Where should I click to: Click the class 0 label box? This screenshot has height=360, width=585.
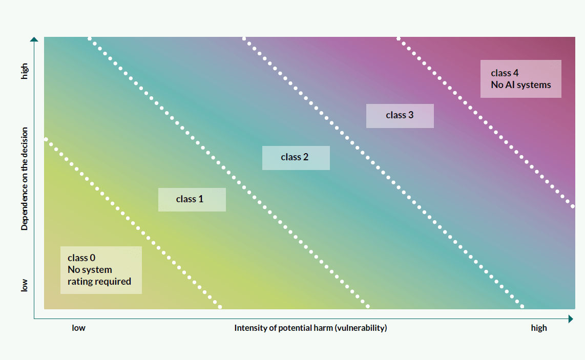click(x=101, y=270)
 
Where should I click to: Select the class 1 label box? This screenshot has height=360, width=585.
click(x=192, y=199)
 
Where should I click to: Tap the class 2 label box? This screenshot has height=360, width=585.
click(x=296, y=158)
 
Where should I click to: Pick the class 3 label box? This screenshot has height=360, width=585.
click(x=400, y=116)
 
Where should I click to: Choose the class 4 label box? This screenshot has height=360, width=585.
click(x=520, y=79)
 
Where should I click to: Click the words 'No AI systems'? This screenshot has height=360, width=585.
click(x=520, y=85)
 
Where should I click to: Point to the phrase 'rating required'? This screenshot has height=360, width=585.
click(x=99, y=282)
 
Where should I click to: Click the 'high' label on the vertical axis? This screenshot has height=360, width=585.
click(x=25, y=72)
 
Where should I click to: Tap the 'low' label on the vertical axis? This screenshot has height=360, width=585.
click(x=25, y=285)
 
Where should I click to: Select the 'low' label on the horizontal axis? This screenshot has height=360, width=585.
click(x=78, y=328)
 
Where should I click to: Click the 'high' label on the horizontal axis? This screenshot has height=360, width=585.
click(x=539, y=328)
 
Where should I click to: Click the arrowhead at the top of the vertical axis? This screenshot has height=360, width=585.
click(x=34, y=39)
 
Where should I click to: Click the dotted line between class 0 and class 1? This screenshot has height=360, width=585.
click(x=133, y=224)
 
